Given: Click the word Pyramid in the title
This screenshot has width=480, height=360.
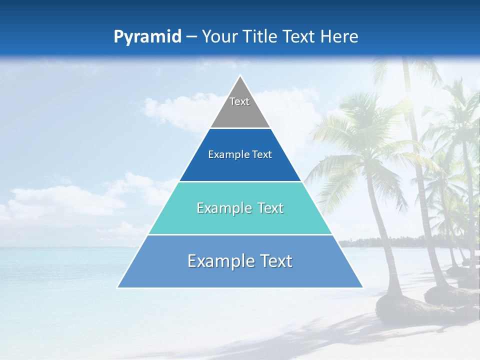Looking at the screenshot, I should tap(147, 37).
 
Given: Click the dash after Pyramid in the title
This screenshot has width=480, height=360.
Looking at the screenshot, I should tap(191, 37).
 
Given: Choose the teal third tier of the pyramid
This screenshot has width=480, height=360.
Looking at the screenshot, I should tap(240, 220).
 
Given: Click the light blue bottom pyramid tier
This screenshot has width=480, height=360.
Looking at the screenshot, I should tap(240, 275).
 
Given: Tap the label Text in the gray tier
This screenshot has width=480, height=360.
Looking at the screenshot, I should tap(239, 101).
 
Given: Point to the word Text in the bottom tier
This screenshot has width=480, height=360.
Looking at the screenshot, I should tap(274, 261).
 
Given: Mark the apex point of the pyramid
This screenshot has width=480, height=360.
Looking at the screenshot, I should tap(240, 76).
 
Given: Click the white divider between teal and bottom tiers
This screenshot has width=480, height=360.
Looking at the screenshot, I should tap(240, 234).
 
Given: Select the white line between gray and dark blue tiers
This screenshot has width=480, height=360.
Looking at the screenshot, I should tap(240, 128).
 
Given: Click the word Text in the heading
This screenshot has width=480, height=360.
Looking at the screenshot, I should tap(299, 36).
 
